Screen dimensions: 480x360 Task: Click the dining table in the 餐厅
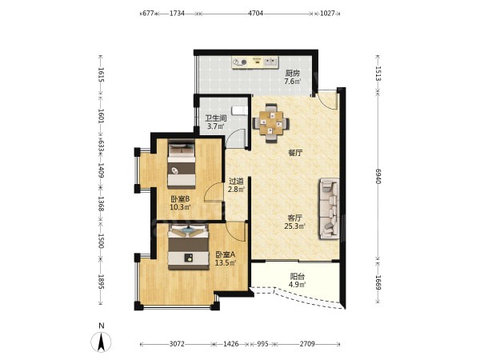coord(271,123)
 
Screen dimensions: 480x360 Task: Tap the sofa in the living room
coord(329,209)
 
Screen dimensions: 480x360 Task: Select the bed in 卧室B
coord(182,163)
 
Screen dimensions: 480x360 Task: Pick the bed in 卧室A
coord(188,246)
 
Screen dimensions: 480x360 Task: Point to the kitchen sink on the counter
coord(270,62)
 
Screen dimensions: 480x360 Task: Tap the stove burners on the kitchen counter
coord(239,62)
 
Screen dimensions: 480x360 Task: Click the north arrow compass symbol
coord(101,342)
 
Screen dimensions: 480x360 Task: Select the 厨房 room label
coord(292,73)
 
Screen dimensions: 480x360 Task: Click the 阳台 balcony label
coord(298,277)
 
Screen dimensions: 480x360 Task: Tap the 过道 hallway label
coord(236,181)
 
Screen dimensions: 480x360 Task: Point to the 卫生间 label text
coord(216,118)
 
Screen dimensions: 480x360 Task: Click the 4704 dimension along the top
coord(255,14)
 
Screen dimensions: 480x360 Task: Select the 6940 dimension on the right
coord(378,176)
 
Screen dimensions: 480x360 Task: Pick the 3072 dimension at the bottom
coord(177,344)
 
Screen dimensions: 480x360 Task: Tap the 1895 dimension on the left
coord(102,282)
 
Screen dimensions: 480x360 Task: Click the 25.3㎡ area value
coord(294,226)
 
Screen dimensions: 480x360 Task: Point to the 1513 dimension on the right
coord(378,74)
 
